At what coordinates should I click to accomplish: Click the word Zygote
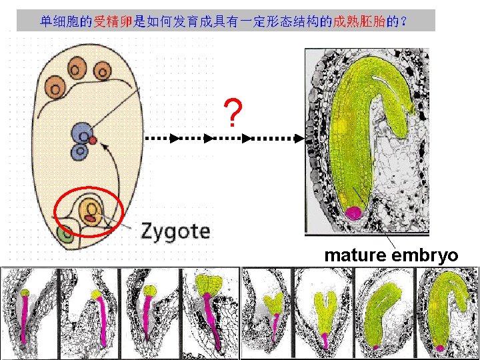click(175, 231)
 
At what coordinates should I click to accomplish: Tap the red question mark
click(231, 114)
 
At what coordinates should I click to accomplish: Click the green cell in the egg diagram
click(65, 235)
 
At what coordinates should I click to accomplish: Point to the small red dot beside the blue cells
click(93, 140)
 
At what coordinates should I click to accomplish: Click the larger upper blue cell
click(83, 132)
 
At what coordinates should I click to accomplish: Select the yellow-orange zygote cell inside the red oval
click(90, 213)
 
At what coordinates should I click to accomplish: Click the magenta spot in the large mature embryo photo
click(353, 213)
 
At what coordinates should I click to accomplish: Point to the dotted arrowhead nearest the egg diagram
click(175, 139)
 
